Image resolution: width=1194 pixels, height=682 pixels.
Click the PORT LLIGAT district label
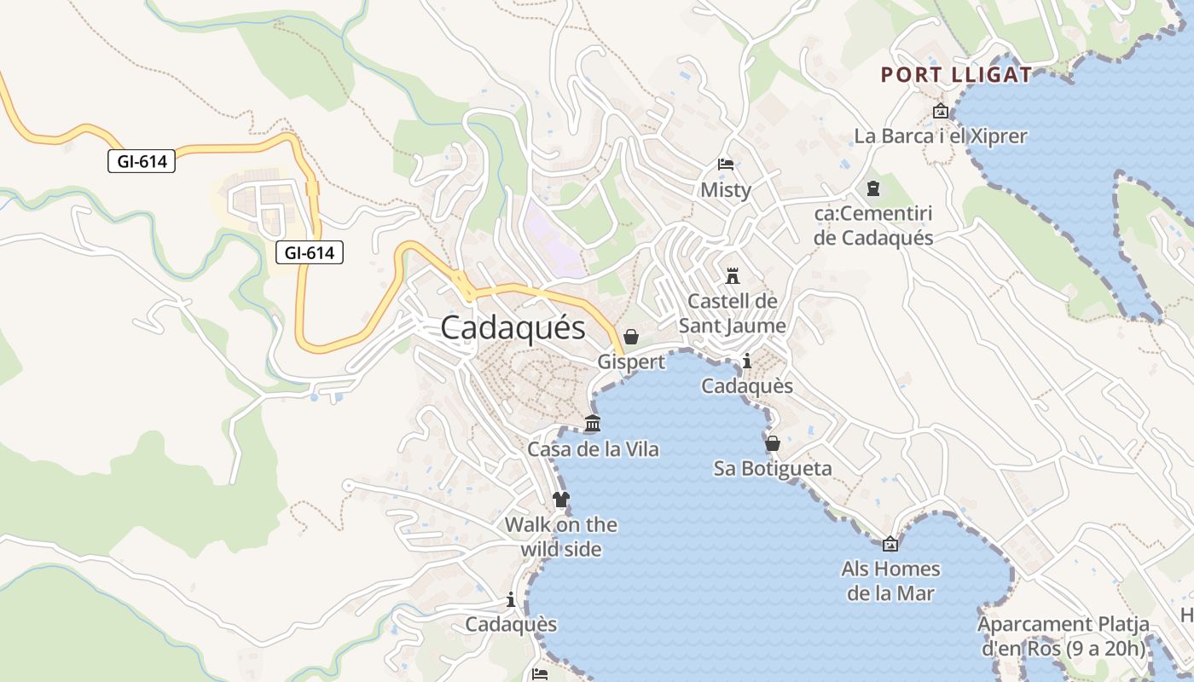[956, 75]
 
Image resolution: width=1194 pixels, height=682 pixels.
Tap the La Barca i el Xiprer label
[941, 136]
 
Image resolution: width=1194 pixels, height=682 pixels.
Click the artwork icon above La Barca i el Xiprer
[941, 111]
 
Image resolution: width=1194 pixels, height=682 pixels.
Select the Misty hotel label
[726, 189]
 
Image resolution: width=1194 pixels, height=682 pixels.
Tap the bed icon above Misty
[726, 164]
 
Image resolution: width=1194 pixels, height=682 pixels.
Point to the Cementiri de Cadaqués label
[873, 226]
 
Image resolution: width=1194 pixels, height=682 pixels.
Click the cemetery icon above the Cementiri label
[872, 188]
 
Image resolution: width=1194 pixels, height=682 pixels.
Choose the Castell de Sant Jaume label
[733, 313]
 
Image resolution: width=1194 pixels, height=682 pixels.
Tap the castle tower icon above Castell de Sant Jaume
[732, 275]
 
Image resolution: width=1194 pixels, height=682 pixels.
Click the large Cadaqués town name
[513, 328]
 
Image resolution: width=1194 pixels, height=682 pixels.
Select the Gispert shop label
[631, 361]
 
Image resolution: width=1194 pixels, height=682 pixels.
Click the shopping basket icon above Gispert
[631, 337]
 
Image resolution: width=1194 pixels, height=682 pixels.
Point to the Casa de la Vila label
[593, 449]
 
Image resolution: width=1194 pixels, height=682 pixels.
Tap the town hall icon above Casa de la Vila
[592, 424]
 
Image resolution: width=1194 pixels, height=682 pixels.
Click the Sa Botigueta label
[773, 469]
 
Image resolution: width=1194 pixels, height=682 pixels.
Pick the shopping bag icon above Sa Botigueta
[772, 443]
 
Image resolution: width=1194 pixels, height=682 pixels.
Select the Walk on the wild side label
[561, 537]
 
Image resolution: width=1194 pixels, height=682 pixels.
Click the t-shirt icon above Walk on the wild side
[560, 500]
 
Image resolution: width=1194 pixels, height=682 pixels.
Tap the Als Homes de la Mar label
[890, 581]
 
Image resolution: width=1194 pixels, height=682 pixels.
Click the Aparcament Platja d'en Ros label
[1063, 636]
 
